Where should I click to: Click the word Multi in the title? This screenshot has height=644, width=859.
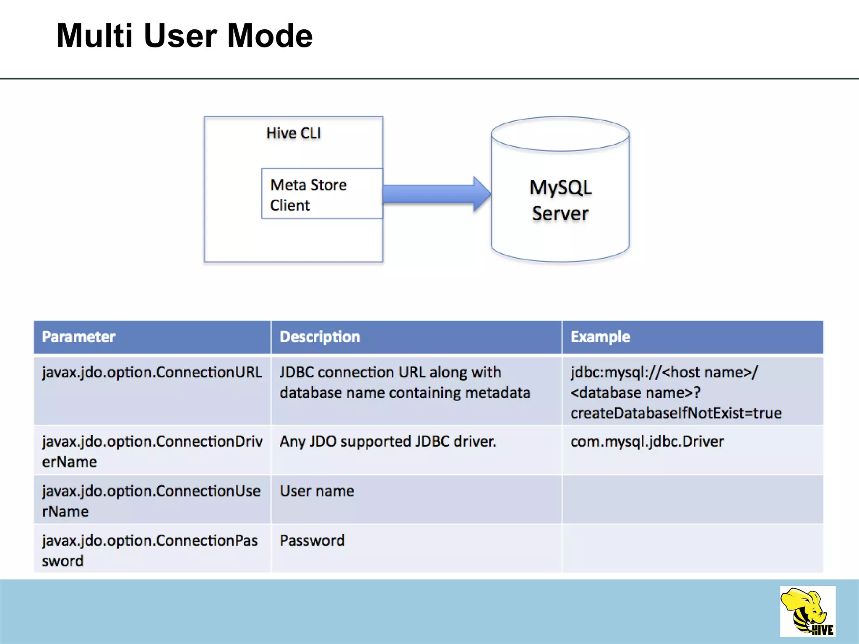[x=95, y=36]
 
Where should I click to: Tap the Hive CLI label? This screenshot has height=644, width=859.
[x=294, y=133]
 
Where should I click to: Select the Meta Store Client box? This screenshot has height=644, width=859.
[x=322, y=194]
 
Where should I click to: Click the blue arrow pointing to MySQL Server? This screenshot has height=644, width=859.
[x=436, y=194]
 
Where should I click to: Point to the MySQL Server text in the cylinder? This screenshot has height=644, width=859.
[x=560, y=200]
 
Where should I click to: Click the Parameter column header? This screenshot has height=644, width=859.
[x=79, y=337]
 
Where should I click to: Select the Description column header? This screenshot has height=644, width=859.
[x=320, y=337]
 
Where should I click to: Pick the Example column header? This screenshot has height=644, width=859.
[x=600, y=337]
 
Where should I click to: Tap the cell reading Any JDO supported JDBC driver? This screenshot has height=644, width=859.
[x=388, y=441]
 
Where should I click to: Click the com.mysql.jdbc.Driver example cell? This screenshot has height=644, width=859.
[x=647, y=441]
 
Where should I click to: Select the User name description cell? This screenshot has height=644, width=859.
[x=317, y=491]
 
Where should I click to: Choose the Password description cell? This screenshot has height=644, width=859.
[x=312, y=540]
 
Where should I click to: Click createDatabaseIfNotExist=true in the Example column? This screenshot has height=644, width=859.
[x=676, y=413]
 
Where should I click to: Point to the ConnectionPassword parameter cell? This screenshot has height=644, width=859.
[x=150, y=550]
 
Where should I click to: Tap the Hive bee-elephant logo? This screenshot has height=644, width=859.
[x=807, y=612]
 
